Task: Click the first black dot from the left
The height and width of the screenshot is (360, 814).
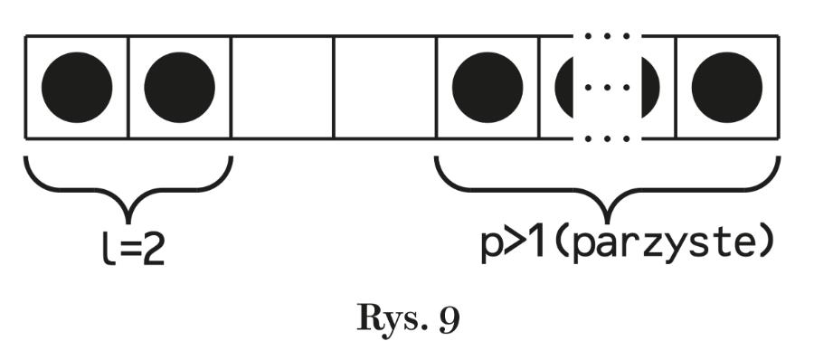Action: coord(77,88)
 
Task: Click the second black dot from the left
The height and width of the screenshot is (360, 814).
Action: coord(179,88)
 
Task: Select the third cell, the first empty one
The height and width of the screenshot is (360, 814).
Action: coord(282,88)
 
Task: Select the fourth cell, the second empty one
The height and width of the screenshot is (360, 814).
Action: coord(384,88)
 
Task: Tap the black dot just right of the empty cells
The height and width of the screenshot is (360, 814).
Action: coord(487,88)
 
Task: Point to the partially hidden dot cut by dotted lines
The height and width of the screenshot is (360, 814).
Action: coord(565,88)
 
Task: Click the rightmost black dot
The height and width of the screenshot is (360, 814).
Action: coord(727,88)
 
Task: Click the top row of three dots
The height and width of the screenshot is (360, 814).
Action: coord(607,37)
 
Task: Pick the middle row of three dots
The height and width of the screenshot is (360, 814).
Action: coord(607,88)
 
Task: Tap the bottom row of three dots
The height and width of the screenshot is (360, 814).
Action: coord(607,139)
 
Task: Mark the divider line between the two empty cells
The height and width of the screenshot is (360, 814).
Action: coord(334,88)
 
